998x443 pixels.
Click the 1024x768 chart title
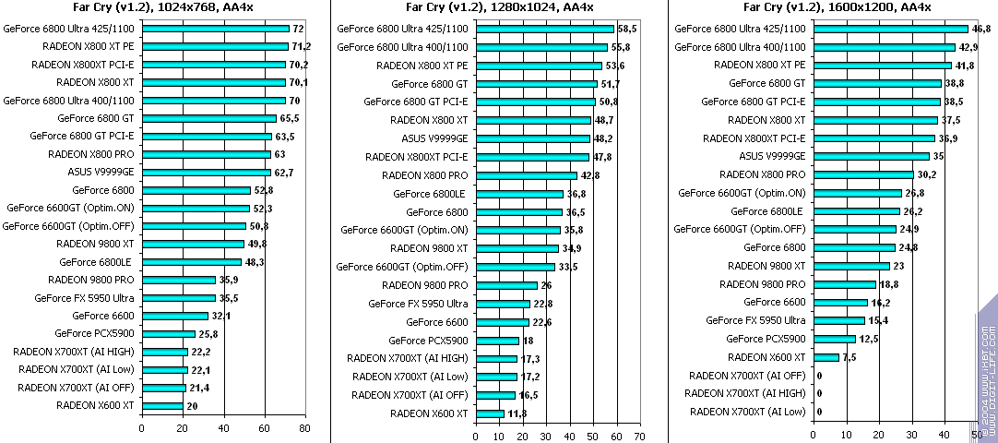point(163,8)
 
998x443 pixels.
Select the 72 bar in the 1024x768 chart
point(215,30)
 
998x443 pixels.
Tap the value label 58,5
point(628,30)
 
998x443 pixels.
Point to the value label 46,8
point(981,30)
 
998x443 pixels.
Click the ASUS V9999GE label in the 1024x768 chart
point(101,172)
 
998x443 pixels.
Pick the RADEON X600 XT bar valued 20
point(162,405)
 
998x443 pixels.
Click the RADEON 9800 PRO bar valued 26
point(506,285)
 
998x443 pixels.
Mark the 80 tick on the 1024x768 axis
point(306,428)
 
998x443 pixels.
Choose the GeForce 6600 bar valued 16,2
point(841,302)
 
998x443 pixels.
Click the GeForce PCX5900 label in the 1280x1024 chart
point(430,341)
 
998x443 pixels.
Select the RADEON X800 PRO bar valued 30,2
point(863,174)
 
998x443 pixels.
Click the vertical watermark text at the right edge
point(987,369)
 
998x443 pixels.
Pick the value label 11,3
point(517,413)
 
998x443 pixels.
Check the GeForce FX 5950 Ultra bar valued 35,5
point(178,298)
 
